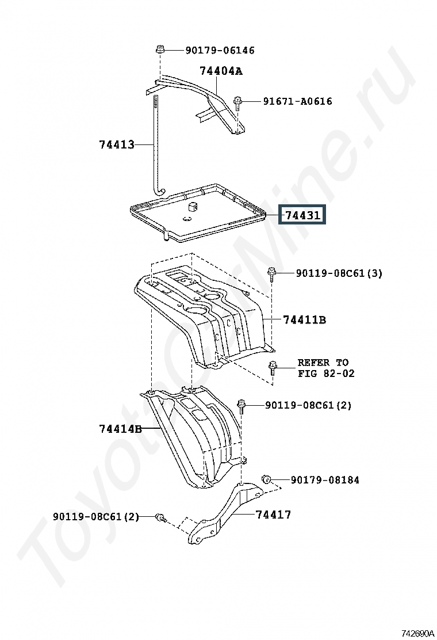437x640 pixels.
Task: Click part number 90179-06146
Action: (x=220, y=50)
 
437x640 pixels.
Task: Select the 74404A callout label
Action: (x=221, y=71)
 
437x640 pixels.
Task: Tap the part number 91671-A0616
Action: (x=297, y=101)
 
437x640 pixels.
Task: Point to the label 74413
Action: (x=117, y=144)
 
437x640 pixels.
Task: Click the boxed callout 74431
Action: (x=302, y=215)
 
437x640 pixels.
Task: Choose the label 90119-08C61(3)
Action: (x=339, y=273)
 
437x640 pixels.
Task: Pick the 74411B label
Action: (x=305, y=319)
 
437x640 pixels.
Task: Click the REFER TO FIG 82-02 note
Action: (x=325, y=368)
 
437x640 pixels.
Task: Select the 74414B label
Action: (x=120, y=429)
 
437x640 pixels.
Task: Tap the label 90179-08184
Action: (x=325, y=479)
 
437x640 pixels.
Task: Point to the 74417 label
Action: (x=274, y=515)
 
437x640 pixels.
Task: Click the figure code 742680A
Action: (x=418, y=634)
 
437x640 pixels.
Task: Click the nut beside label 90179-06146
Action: (x=160, y=50)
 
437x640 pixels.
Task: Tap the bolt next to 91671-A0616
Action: (x=237, y=103)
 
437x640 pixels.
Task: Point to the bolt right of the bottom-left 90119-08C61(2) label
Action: (x=161, y=517)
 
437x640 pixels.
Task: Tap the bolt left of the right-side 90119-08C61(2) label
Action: (x=241, y=406)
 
